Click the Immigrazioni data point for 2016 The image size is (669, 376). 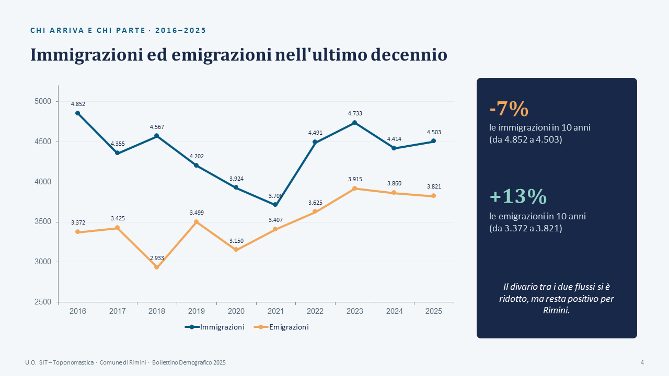(78, 113)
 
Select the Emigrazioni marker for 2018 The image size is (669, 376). (156, 267)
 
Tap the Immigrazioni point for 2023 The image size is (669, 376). (354, 123)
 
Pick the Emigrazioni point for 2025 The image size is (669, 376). (433, 196)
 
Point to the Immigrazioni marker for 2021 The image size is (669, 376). (275, 205)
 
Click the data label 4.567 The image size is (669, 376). (157, 127)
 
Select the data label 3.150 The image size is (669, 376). (236, 241)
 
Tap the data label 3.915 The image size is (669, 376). (355, 179)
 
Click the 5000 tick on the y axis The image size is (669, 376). (43, 101)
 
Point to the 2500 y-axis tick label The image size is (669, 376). (43, 302)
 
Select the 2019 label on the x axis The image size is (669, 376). (196, 311)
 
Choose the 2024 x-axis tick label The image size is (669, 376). (394, 311)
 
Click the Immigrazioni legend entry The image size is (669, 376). (214, 327)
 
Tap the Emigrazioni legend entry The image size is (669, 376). (281, 327)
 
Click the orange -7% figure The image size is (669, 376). (509, 109)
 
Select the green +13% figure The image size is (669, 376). (518, 196)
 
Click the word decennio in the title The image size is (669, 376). (409, 55)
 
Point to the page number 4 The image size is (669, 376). (642, 362)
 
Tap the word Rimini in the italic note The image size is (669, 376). (556, 310)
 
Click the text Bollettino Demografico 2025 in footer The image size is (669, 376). (189, 362)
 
